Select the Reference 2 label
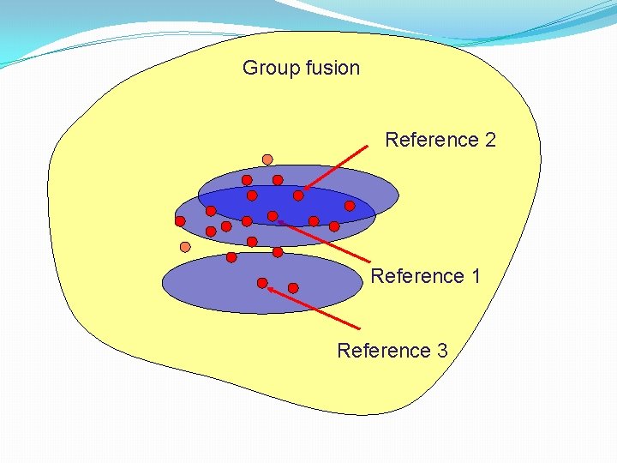point(440,140)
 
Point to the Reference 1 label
point(425,276)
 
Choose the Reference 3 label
point(392,351)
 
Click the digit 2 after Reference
point(490,140)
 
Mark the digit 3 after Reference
point(442,351)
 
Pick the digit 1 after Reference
point(475,276)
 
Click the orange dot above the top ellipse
point(267,159)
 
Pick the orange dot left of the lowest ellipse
point(185,247)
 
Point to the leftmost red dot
point(180,221)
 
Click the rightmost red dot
point(350,206)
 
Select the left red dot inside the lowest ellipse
point(262,283)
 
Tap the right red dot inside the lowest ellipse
point(293,288)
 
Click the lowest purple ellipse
point(214,287)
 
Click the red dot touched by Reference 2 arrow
point(298,195)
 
